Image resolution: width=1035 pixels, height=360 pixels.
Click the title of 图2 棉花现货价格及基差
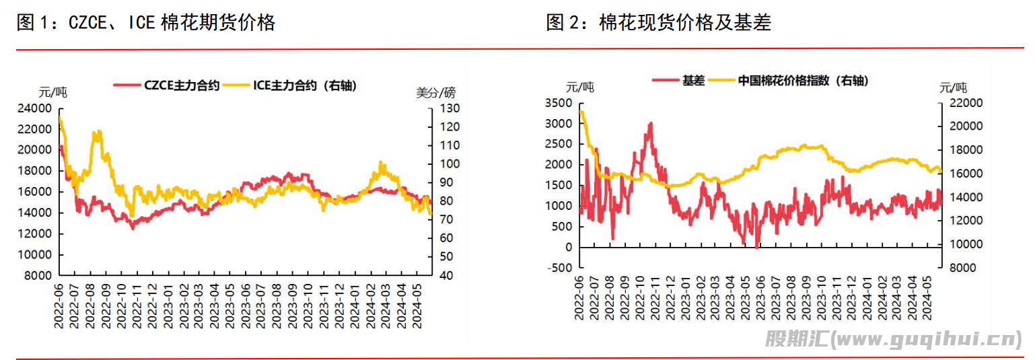pyautogui.click(x=658, y=23)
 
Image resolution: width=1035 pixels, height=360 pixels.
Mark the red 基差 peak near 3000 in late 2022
pyautogui.click(x=650, y=124)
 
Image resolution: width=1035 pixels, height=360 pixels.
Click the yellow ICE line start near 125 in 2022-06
pyautogui.click(x=60, y=118)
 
